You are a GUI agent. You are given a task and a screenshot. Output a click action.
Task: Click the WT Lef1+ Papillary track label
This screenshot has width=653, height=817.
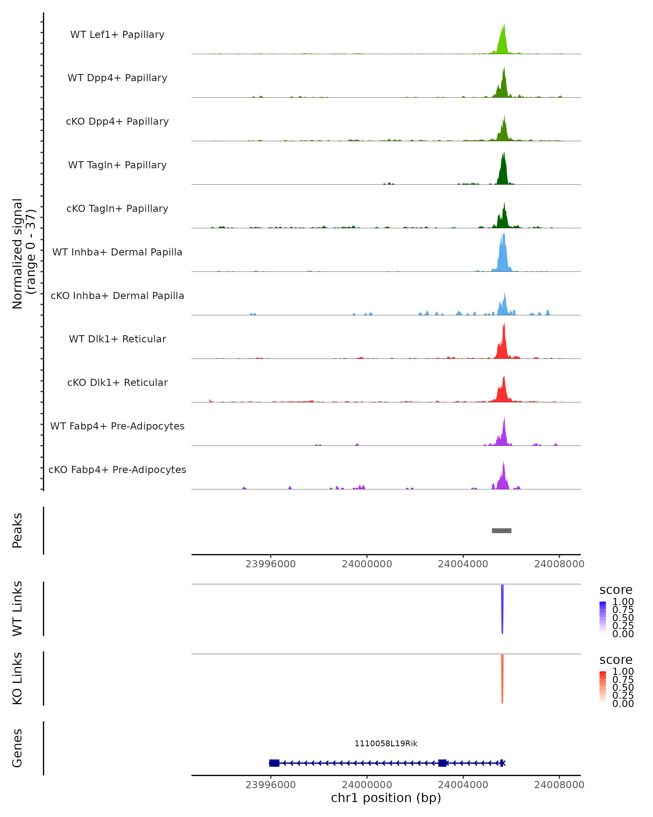coord(117,35)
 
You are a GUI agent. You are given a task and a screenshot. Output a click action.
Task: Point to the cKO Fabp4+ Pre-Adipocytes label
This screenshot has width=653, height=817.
coord(117,470)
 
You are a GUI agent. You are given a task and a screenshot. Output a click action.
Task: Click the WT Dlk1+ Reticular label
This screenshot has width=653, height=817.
coord(117,339)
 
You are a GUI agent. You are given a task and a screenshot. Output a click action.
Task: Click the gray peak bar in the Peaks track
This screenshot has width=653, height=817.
coord(501,531)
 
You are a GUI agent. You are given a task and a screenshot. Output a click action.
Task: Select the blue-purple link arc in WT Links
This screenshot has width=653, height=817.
coord(502,606)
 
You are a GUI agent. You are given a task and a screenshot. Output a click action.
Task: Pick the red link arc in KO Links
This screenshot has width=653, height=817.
coord(502,676)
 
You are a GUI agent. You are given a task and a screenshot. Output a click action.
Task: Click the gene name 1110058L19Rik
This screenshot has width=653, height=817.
coord(386,743)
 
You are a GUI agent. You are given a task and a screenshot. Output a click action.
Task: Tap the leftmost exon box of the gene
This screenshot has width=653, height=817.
coord(274,763)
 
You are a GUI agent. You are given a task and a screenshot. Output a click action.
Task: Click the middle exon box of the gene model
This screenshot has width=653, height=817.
coord(442,763)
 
